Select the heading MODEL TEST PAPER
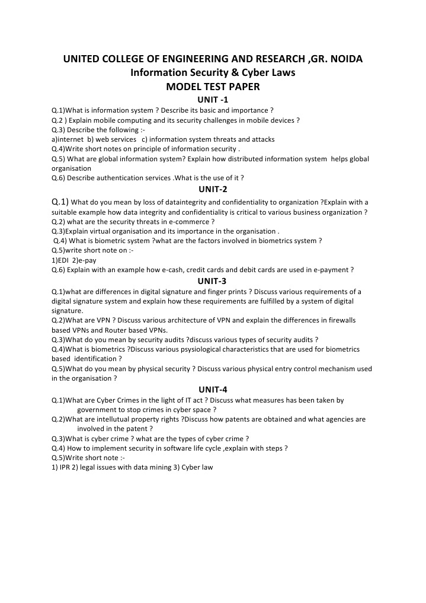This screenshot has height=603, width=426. (213, 87)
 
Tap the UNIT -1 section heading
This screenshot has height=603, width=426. (213, 100)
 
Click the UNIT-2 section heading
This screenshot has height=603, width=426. (213, 190)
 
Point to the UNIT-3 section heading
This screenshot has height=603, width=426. (213, 281)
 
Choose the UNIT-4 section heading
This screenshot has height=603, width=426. (213, 390)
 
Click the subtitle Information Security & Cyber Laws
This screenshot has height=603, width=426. (213, 73)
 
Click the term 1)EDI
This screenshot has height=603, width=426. (60, 260)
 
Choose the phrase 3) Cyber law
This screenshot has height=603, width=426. (193, 467)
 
